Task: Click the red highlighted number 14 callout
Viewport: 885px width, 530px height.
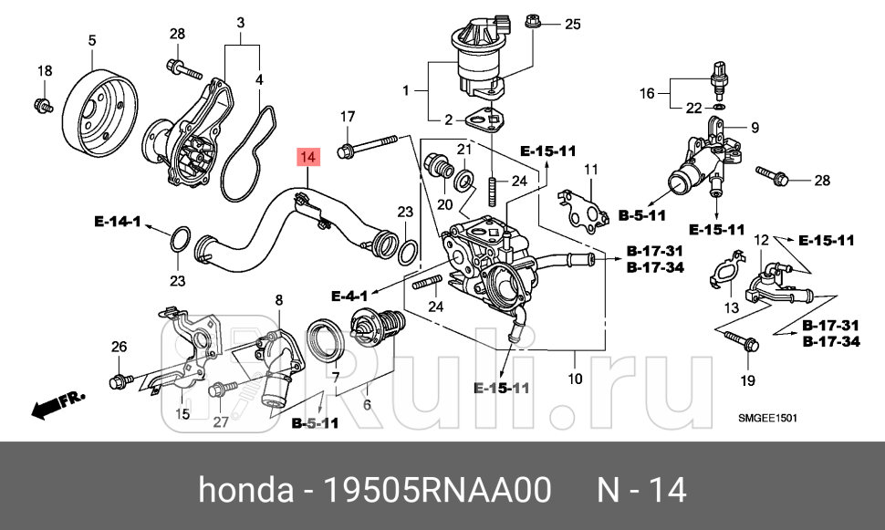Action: coord(308,158)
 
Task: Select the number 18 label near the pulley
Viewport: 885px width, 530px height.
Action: coord(44,71)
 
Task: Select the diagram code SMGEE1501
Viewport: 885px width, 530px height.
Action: coord(767,418)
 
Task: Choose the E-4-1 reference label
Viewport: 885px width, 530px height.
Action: coord(349,296)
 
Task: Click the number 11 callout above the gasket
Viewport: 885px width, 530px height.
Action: coord(590,170)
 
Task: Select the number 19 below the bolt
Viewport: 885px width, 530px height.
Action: coord(747,379)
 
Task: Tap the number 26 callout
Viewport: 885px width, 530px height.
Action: coord(119,346)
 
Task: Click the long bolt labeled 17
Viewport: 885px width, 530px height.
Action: coord(370,144)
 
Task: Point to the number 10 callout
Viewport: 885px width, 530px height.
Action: coord(575,379)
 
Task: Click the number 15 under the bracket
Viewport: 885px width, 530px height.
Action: coord(182,414)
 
